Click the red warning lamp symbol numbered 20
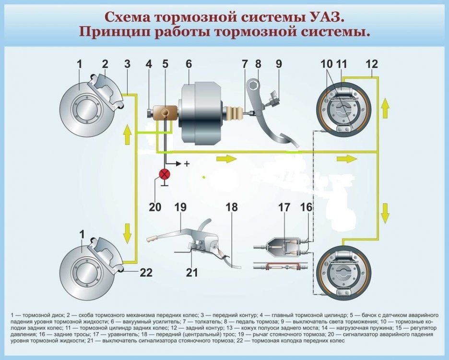click(165, 175)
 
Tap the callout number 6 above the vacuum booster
click(189, 64)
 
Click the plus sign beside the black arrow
click(187, 164)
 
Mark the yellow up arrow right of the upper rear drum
click(385, 108)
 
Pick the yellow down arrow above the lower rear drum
click(385, 212)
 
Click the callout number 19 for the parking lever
click(180, 207)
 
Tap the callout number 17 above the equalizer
click(284, 207)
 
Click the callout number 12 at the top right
click(372, 64)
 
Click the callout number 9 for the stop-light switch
click(279, 64)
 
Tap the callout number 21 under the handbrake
click(192, 273)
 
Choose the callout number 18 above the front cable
click(232, 207)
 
